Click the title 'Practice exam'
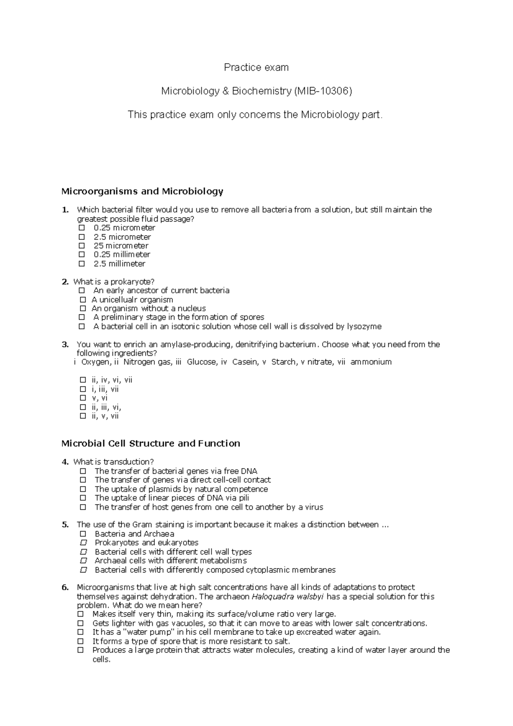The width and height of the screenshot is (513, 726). tap(256, 68)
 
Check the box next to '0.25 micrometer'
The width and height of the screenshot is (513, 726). tap(82, 228)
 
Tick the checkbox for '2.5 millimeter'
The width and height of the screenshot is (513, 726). tap(82, 264)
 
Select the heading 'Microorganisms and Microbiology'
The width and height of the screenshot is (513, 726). tap(142, 191)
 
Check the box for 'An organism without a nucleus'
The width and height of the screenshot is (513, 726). tap(83, 308)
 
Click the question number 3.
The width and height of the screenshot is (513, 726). tap(65, 344)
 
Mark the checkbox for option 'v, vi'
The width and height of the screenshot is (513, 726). tap(83, 398)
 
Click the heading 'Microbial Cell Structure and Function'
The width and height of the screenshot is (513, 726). tap(150, 443)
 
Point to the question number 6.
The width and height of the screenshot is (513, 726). tap(65, 587)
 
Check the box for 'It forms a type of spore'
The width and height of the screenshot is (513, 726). tap(80, 641)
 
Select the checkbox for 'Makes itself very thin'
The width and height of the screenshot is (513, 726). tap(80, 614)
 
